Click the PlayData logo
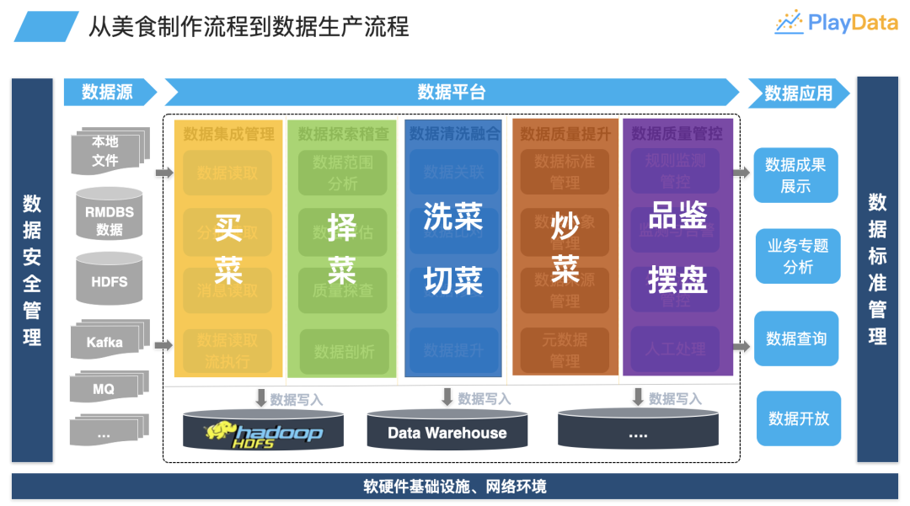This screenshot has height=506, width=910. (836, 23)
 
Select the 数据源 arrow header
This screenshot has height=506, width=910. (108, 92)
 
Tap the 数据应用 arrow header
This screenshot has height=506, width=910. (797, 93)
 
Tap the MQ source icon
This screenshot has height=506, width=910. (105, 388)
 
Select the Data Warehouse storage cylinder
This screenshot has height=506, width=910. (447, 431)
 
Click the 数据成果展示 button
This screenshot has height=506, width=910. (795, 175)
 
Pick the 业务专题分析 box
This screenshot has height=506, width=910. (798, 256)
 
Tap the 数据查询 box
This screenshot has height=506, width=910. (796, 338)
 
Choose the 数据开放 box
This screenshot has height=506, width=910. (798, 418)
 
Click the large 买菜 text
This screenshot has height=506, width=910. (228, 249)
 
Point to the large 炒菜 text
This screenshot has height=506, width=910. (565, 249)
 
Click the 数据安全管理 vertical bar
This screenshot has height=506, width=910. (32, 269)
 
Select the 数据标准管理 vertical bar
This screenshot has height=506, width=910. (877, 269)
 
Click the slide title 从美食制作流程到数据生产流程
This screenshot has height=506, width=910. (249, 26)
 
